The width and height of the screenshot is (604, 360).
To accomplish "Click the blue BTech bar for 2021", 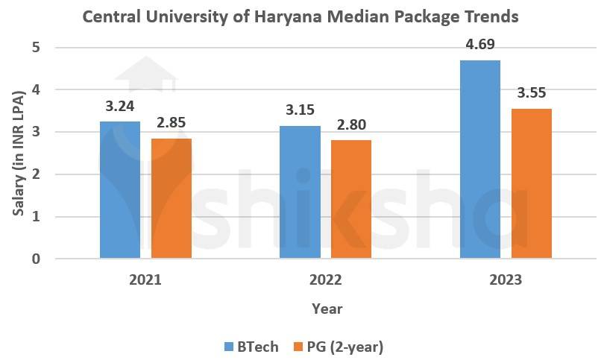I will [x=119, y=190].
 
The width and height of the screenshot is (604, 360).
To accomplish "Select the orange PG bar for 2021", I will [x=171, y=198].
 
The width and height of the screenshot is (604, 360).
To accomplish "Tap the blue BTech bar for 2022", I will [x=300, y=192].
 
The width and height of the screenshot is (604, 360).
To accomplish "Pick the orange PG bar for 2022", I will [x=350, y=199].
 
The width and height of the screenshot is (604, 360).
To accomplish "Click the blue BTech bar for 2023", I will [x=480, y=160].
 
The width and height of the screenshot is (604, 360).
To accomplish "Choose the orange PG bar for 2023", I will [x=531, y=183].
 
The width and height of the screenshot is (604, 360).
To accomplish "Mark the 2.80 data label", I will [x=350, y=124].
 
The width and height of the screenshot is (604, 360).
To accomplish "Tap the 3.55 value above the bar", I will [x=531, y=93].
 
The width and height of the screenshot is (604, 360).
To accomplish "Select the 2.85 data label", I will [x=171, y=121].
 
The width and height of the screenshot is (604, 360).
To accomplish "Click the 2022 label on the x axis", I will [x=326, y=281].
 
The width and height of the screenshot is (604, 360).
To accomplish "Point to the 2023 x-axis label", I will [x=506, y=281].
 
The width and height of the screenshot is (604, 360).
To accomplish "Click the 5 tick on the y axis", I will [x=36, y=48].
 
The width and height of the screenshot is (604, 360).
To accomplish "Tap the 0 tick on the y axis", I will [x=36, y=259].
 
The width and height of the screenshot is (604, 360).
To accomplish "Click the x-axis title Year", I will [x=327, y=308].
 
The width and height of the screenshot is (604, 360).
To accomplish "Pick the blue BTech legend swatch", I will [x=229, y=346].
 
